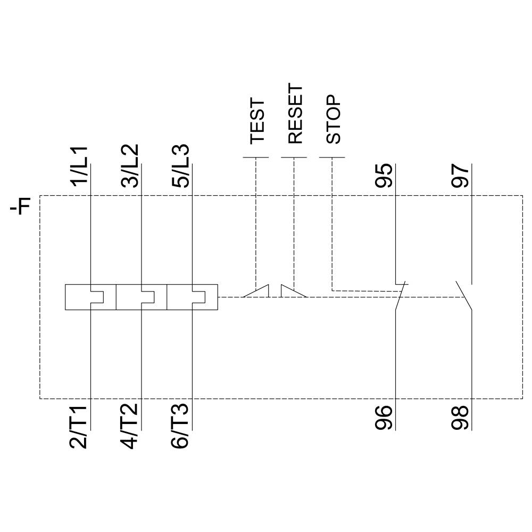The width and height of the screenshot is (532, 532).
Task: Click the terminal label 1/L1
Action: (80, 165)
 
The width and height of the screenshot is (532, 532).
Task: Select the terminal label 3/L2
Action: (131, 165)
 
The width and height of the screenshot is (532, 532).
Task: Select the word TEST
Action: (257, 121)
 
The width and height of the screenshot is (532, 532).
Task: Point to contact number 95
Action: (384, 176)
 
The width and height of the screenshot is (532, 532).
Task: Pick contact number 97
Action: (461, 176)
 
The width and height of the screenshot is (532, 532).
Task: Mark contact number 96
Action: (384, 418)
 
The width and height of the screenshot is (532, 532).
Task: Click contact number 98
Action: (461, 418)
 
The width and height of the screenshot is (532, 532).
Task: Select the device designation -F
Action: (20, 206)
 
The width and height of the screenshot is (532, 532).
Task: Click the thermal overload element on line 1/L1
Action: (90, 297)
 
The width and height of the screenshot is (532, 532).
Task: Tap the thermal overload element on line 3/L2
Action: (141, 297)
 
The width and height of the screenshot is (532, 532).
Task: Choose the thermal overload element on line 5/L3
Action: (192, 297)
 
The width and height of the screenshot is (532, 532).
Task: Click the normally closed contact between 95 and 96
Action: (401, 295)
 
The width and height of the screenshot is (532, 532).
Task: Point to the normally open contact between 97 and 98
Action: (464, 295)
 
